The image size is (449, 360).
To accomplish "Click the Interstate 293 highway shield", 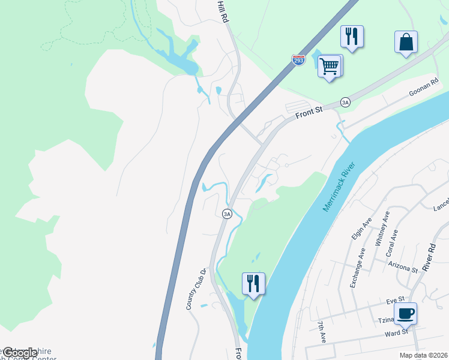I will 298,60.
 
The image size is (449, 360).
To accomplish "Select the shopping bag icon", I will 406,42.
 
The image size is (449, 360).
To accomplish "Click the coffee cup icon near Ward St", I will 405,313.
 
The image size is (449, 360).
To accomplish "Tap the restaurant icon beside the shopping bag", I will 351,37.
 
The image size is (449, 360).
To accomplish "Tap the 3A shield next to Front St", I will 345,102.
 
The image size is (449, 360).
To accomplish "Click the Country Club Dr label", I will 196,289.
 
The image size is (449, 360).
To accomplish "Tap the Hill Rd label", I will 224,11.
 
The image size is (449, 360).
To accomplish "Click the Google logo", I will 20,353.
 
